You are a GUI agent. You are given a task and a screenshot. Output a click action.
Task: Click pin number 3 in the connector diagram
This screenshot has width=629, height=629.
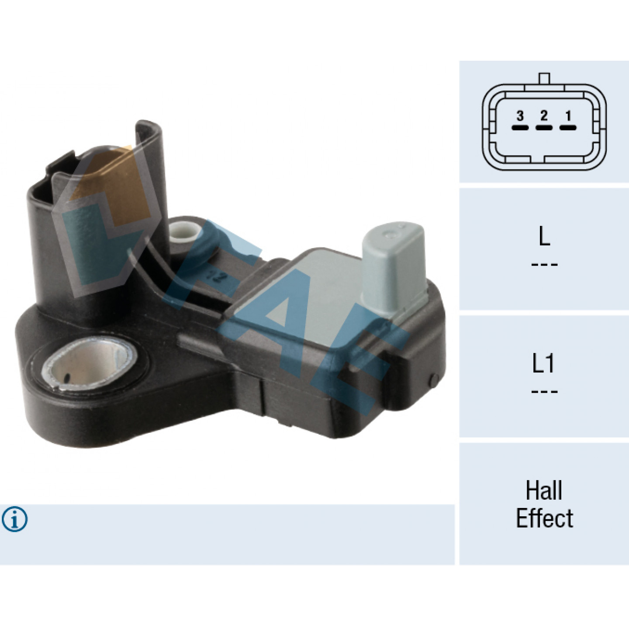[520, 116]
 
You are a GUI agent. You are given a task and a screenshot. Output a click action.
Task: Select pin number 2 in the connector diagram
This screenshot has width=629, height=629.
[544, 116]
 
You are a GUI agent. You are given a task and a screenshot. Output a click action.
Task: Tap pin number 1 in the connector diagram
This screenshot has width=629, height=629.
[568, 116]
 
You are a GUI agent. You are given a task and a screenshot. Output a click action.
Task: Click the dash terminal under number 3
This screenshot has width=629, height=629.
[520, 128]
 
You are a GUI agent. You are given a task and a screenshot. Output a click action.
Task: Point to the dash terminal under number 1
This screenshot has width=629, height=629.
[568, 128]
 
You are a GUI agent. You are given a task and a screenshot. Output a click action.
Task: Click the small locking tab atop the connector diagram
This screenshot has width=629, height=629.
[544, 78]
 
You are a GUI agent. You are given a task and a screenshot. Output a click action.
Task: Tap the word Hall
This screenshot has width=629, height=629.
[544, 490]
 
